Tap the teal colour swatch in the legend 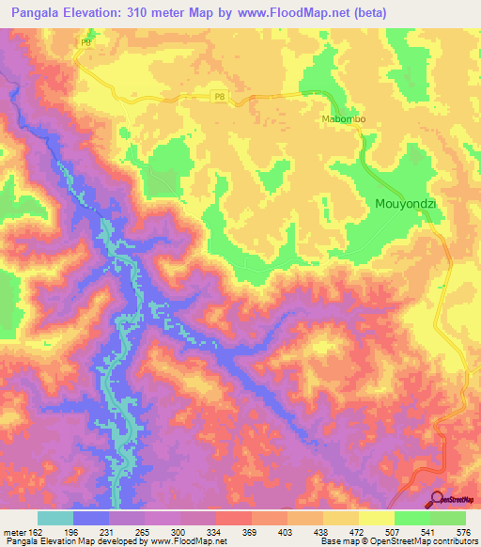[54, 518]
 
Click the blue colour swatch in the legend [91, 518]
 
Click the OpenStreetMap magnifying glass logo [437, 500]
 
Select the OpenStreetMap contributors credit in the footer [423, 540]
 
